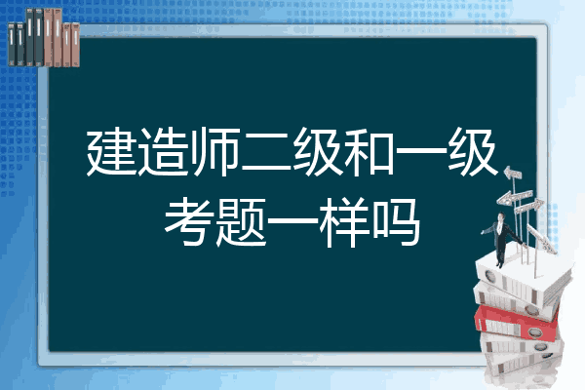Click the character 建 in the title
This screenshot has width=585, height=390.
pyautogui.click(x=111, y=152)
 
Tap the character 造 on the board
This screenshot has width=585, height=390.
pyautogui.click(x=163, y=152)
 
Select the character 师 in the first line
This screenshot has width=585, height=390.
pyautogui.click(x=214, y=152)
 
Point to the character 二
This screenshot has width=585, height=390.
pyautogui.click(x=266, y=153)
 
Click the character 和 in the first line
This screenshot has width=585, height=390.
pyautogui.click(x=370, y=152)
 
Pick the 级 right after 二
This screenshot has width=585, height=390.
pyautogui.click(x=318, y=152)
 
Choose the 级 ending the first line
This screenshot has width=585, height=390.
pyautogui.click(x=473, y=152)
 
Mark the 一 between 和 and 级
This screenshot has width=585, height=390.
pyautogui.click(x=421, y=152)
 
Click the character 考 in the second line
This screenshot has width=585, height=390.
pyautogui.click(x=189, y=221)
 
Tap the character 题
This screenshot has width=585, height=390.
pyautogui.click(x=241, y=221)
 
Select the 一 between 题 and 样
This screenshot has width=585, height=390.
pyautogui.click(x=292, y=221)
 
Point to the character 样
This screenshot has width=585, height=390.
pyautogui.click(x=344, y=221)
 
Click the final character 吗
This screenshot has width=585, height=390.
pyautogui.click(x=396, y=221)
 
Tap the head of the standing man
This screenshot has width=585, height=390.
pyautogui.click(x=501, y=216)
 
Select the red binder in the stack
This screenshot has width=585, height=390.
pyautogui.click(x=516, y=322)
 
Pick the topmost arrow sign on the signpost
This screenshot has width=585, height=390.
pyautogui.click(x=513, y=174)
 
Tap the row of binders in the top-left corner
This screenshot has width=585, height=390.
pyautogui.click(x=44, y=38)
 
